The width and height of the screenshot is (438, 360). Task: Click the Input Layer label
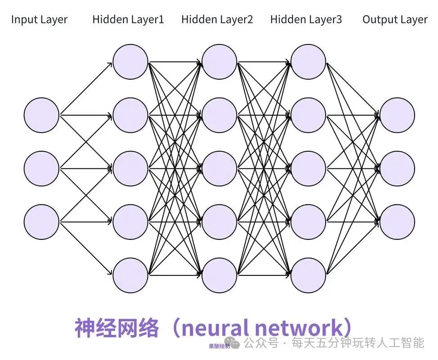coord(39,20)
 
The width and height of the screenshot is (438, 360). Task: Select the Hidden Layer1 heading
coord(128,19)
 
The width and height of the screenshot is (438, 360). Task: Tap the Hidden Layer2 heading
coord(217,19)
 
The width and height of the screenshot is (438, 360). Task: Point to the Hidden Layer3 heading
coord(306,19)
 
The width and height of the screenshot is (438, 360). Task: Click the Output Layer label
coord(395,19)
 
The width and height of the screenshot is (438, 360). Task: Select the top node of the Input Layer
coord(41,115)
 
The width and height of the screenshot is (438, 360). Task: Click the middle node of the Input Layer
coord(41,168)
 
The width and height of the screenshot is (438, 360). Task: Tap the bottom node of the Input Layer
coord(41,222)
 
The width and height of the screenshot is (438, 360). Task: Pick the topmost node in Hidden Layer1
coord(130,62)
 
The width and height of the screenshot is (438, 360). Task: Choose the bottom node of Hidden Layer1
coord(130,275)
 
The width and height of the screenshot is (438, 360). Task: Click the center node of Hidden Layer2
coord(219,168)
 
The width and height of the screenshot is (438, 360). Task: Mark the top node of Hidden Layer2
coord(219,62)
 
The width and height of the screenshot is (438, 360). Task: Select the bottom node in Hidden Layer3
coord(308,275)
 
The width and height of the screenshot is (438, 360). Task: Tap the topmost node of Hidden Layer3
coord(308,62)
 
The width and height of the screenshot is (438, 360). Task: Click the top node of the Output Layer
coord(397,115)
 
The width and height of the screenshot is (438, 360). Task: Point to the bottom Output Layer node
coord(397,222)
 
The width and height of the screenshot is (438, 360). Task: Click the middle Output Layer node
coord(397,168)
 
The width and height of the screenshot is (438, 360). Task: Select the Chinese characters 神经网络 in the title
coord(117,328)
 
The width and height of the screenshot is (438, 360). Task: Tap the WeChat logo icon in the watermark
coord(235,344)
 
